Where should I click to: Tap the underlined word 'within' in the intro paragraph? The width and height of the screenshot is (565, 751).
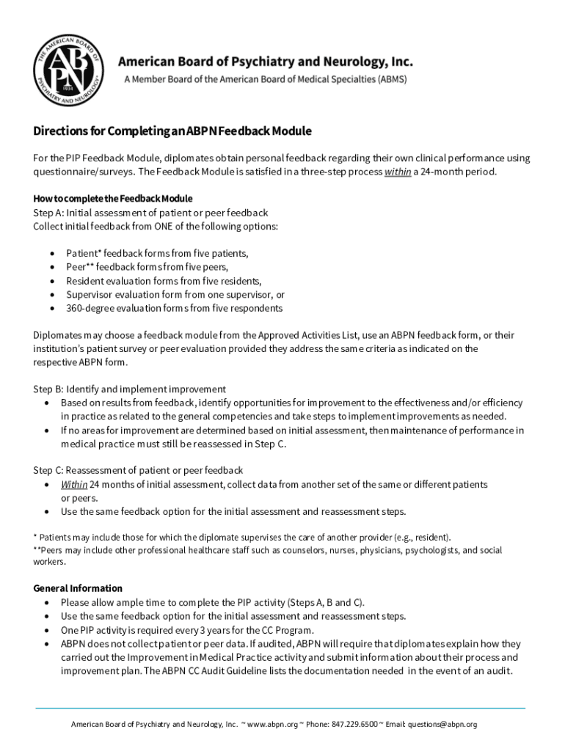pos(397,172)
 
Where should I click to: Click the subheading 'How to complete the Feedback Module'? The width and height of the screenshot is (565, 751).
pos(113,199)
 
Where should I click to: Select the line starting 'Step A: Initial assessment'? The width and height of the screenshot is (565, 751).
pos(150,213)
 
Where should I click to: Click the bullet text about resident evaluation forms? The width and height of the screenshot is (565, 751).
pos(163,281)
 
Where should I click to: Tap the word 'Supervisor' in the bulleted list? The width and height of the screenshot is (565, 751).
pos(90,294)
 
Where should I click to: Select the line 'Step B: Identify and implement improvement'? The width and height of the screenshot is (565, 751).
pos(129,389)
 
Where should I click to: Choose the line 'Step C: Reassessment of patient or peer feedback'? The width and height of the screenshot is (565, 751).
pos(138,470)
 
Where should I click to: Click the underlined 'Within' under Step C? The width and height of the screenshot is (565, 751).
pos(74,484)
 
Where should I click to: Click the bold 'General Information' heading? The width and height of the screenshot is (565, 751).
pos(78,588)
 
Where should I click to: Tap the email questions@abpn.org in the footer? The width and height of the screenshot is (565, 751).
pos(442,725)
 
